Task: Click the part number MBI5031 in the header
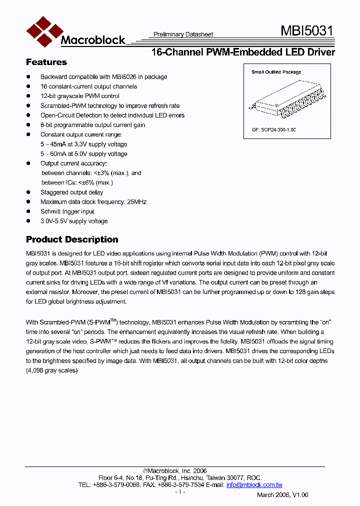pos(306,31)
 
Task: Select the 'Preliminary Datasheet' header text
pos(183,34)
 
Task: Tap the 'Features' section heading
pos(46,62)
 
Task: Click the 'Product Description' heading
pos(72,239)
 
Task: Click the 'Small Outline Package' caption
pos(276,72)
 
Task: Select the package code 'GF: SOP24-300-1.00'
pos(274,129)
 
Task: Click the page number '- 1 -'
pos(180,492)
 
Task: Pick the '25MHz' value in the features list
pos(136,202)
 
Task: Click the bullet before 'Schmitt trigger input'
pos(28,211)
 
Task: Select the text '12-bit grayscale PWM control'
pos(79,96)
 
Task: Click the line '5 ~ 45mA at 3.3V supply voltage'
pos(83,144)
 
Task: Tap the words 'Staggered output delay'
pos(71,192)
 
